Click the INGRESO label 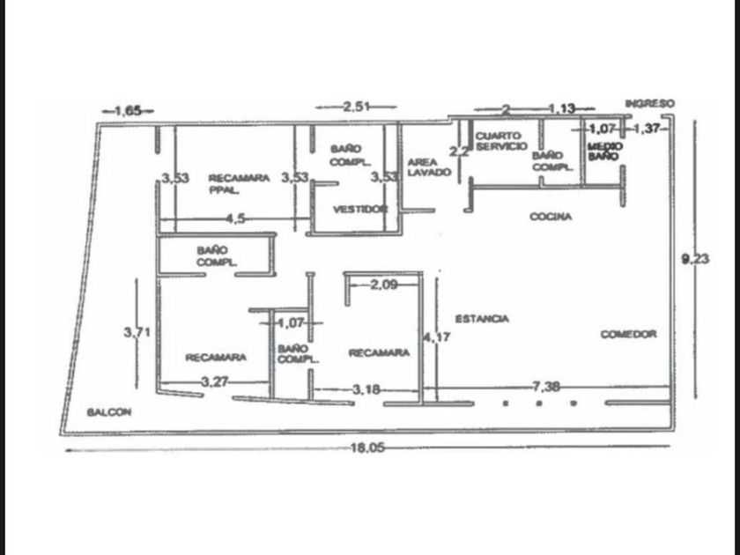[x=649, y=104]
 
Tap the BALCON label [x=109, y=412]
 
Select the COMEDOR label [x=628, y=335]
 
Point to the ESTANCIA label [x=482, y=319]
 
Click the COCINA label [x=551, y=217]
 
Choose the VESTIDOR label [x=359, y=210]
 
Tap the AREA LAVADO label [x=428, y=167]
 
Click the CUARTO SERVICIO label [x=501, y=141]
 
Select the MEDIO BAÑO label [x=605, y=151]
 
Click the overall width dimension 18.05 [x=367, y=448]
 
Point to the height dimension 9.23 [x=695, y=259]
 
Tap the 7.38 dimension [x=547, y=387]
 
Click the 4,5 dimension [x=234, y=218]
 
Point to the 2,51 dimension [x=357, y=107]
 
